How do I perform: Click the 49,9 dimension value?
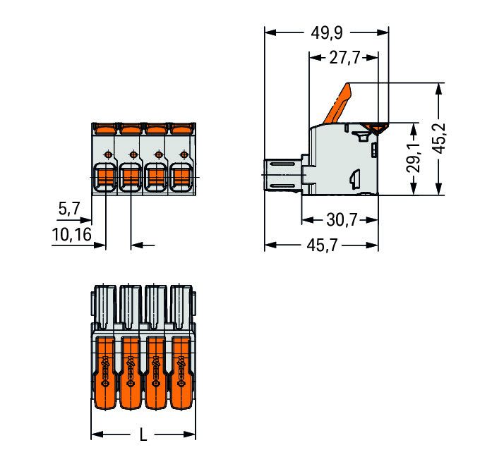(327, 33)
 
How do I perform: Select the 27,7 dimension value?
(344, 58)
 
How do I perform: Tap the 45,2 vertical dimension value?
(439, 138)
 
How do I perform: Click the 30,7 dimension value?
(342, 220)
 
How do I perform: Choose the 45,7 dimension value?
(322, 245)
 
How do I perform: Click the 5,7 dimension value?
(69, 209)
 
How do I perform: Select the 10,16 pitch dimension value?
(71, 234)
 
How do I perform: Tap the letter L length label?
(143, 435)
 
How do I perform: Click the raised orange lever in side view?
(337, 103)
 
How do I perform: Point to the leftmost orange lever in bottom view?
(105, 373)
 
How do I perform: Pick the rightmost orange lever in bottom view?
(181, 373)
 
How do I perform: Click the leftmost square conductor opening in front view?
(106, 178)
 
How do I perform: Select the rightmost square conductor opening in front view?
(181, 178)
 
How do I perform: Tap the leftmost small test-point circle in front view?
(108, 154)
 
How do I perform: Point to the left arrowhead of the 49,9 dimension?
(270, 32)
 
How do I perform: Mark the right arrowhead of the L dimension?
(189, 435)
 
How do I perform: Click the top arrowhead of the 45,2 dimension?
(439, 89)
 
